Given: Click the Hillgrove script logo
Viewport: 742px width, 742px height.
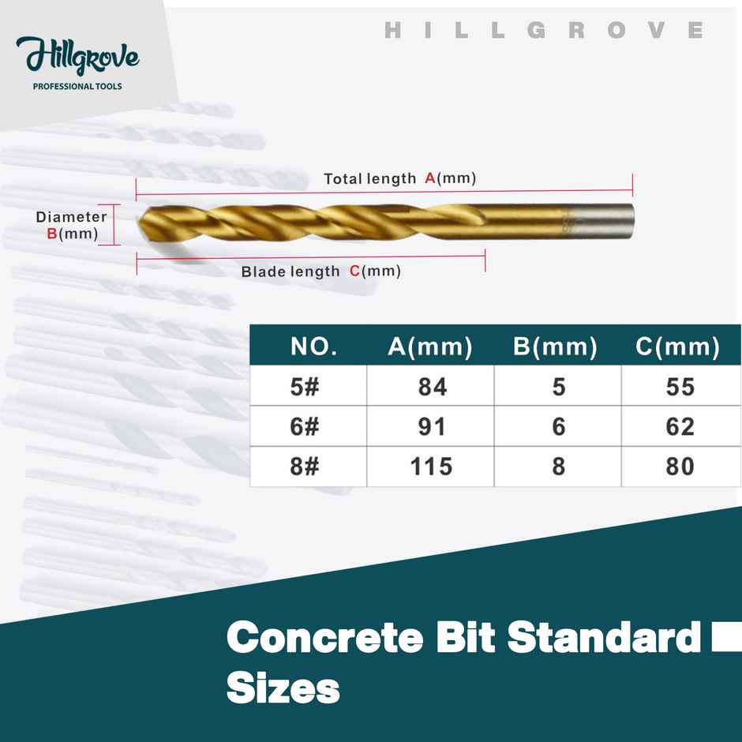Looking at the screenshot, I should click(x=77, y=57).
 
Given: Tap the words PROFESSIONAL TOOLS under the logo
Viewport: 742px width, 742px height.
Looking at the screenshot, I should click(x=77, y=86).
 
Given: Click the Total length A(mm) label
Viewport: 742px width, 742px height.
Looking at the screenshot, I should click(x=399, y=178).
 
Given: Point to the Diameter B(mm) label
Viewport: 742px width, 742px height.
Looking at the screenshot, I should click(x=71, y=224).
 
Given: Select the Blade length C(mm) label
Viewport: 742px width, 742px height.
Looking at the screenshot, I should click(x=320, y=272).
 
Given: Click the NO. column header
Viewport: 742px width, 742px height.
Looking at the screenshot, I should click(x=314, y=347).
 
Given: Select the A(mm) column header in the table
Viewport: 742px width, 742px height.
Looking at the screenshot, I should click(x=430, y=347).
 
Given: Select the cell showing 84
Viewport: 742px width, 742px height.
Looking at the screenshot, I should click(x=431, y=387).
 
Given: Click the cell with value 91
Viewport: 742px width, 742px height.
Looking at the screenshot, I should click(x=431, y=427).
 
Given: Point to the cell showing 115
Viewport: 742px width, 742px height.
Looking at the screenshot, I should click(x=431, y=467).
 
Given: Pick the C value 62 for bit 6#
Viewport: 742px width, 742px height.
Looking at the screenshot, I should click(x=680, y=427).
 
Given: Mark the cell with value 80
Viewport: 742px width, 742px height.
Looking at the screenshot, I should click(x=680, y=467).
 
